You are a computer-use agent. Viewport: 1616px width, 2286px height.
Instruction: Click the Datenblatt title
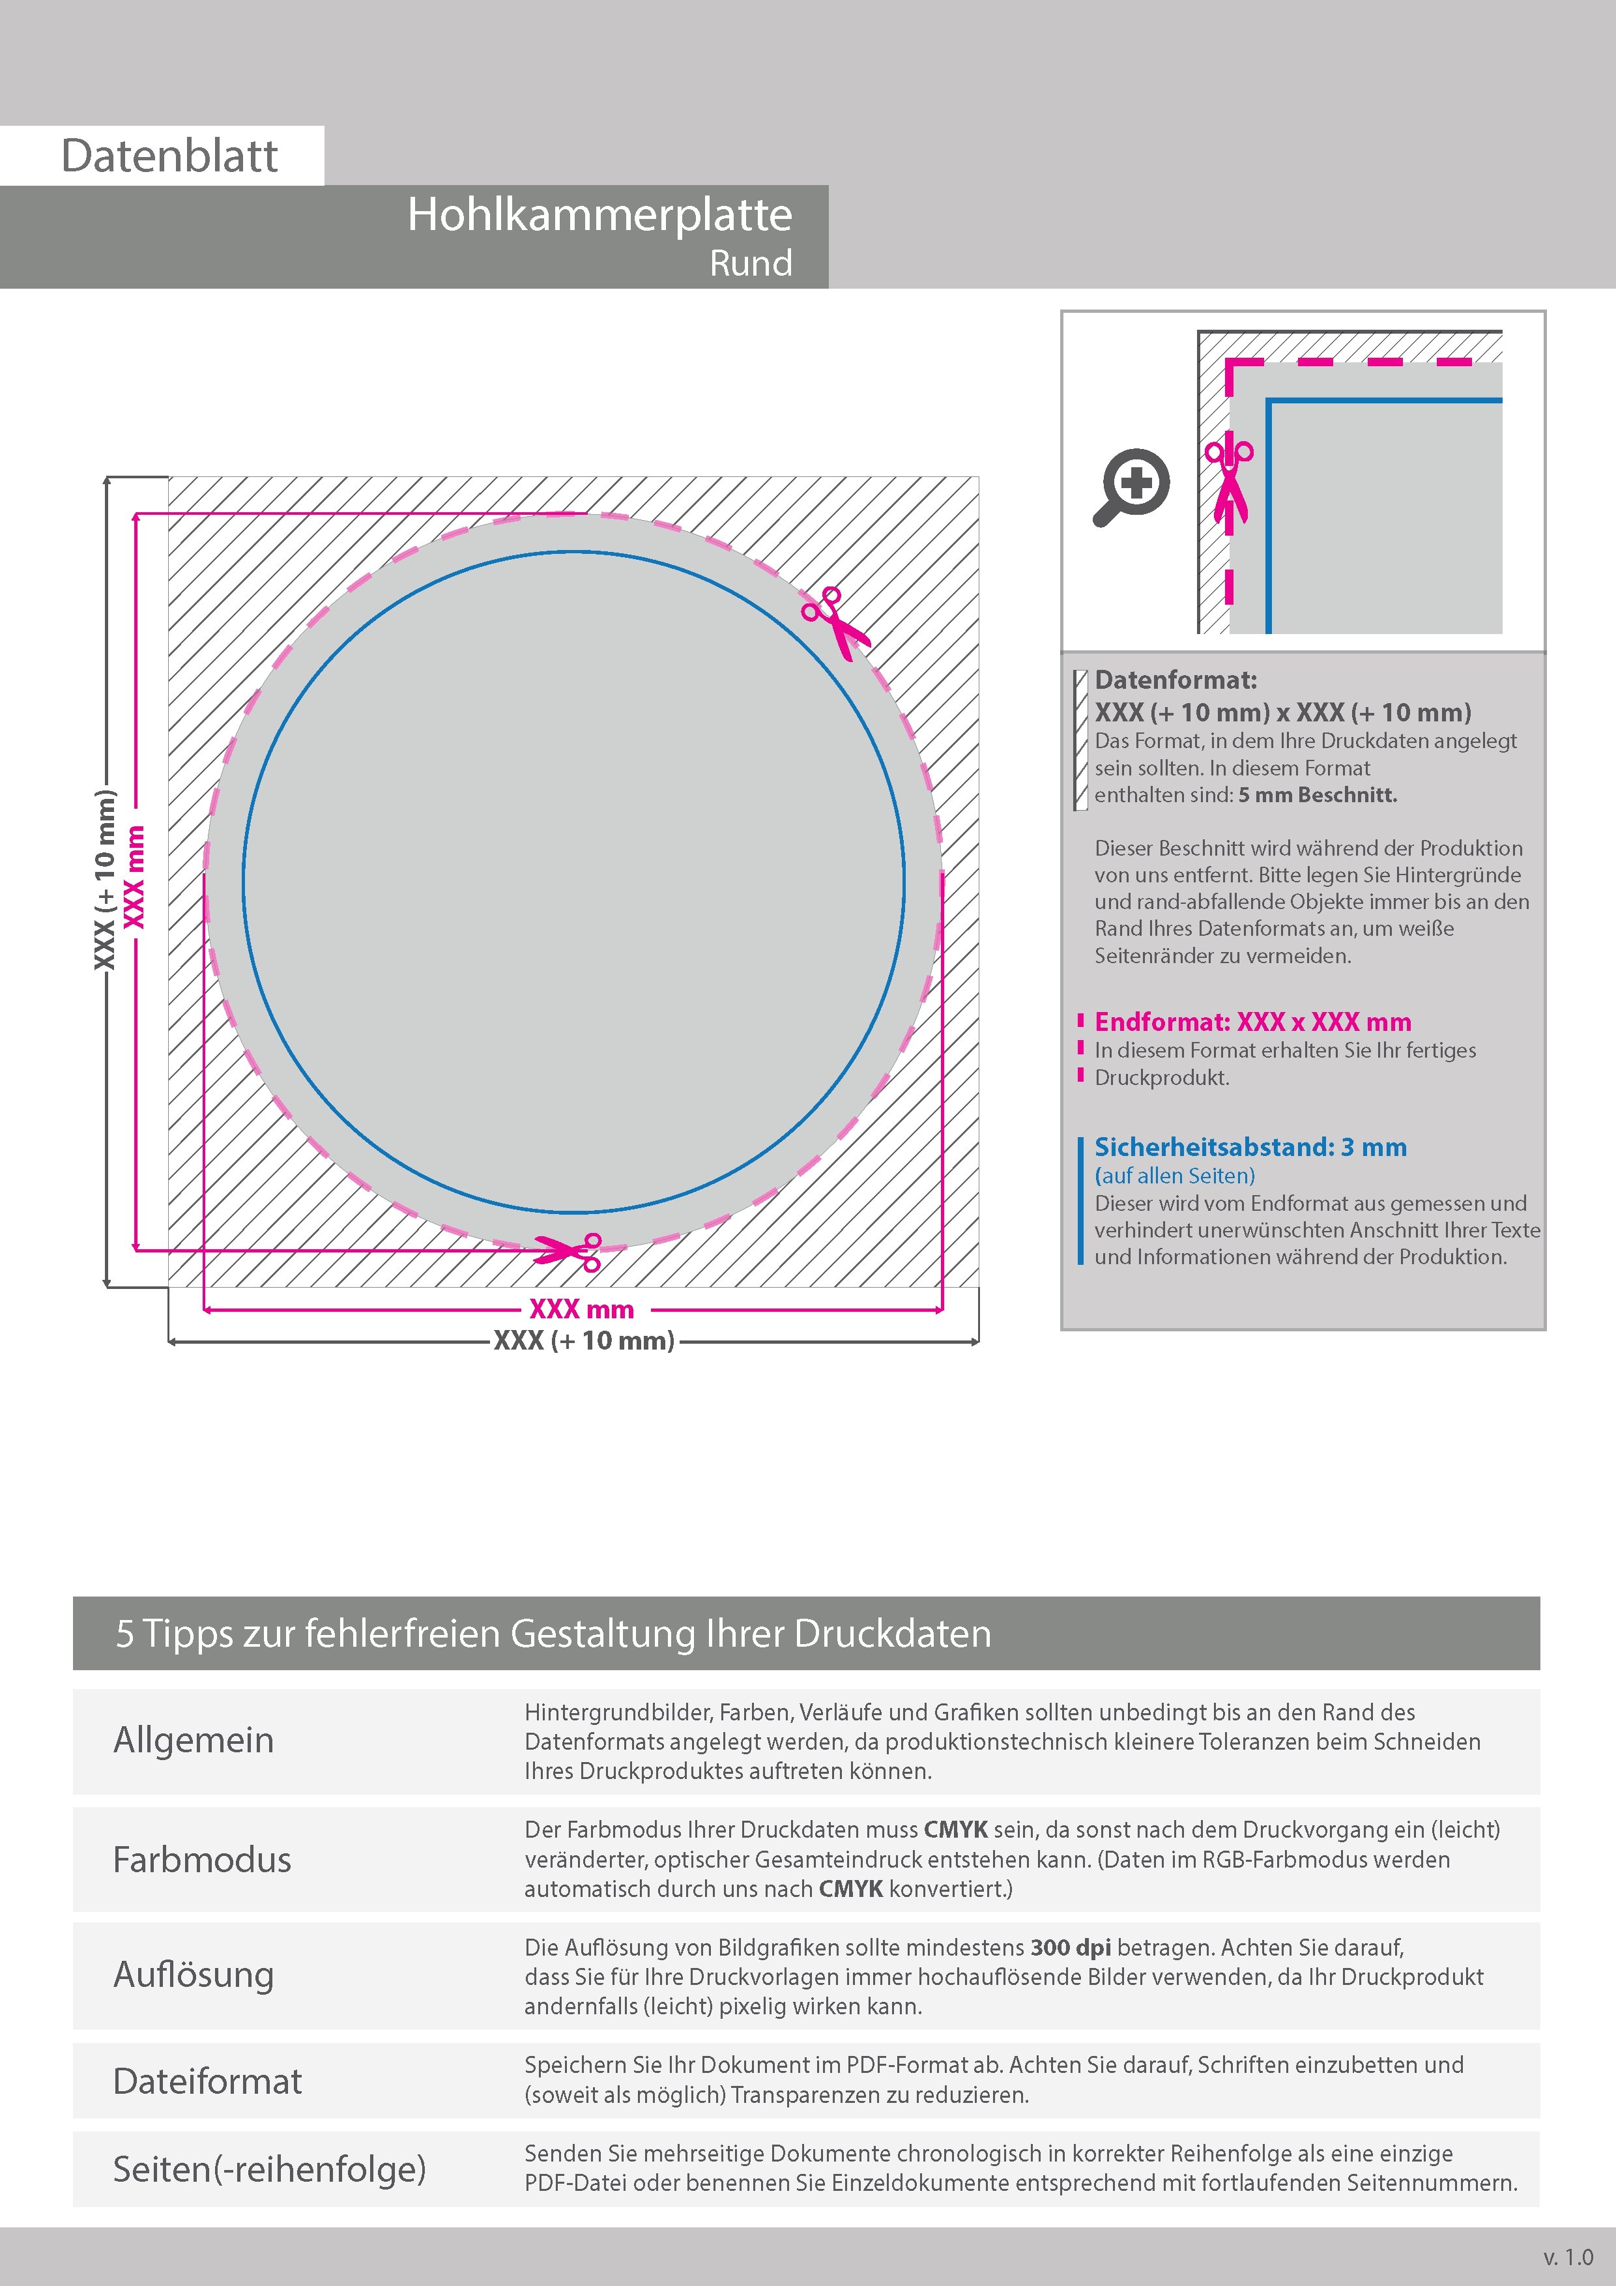169,156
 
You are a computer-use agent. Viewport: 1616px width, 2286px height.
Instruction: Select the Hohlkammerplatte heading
599,215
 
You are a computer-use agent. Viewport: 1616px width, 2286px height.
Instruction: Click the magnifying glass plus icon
1132,487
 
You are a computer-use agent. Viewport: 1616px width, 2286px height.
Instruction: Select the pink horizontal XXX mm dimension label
581,1309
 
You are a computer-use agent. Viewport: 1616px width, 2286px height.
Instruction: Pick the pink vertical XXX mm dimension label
134,877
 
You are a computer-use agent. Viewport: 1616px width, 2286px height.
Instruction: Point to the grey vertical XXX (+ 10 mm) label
104,879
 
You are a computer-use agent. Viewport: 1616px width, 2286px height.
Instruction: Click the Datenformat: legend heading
1176,681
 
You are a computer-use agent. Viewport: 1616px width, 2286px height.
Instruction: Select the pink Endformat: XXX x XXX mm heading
1252,1022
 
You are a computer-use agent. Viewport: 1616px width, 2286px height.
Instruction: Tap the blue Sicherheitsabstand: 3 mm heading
1250,1147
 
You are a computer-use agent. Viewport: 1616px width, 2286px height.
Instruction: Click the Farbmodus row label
202,1860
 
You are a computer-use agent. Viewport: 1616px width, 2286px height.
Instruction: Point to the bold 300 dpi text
1071,1948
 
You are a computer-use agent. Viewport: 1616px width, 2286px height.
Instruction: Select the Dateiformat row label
207,2081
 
